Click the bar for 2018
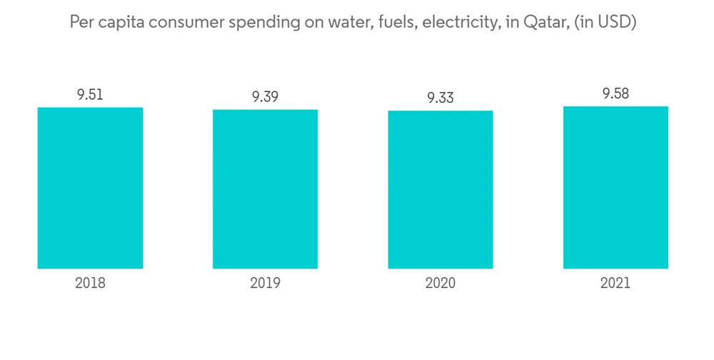click(x=90, y=188)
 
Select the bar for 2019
click(x=265, y=189)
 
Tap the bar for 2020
click(x=441, y=190)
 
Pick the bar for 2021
click(x=615, y=187)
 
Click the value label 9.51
click(x=90, y=94)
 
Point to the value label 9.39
click(x=265, y=96)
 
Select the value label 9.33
click(x=441, y=98)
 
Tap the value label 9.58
click(x=615, y=94)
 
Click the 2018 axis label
click(x=90, y=283)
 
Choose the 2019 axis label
click(x=265, y=283)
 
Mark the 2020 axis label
click(x=441, y=283)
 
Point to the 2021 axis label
click(x=615, y=283)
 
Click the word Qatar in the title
click(x=548, y=23)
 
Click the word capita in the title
click(x=122, y=24)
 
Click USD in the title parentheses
click(x=616, y=23)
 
